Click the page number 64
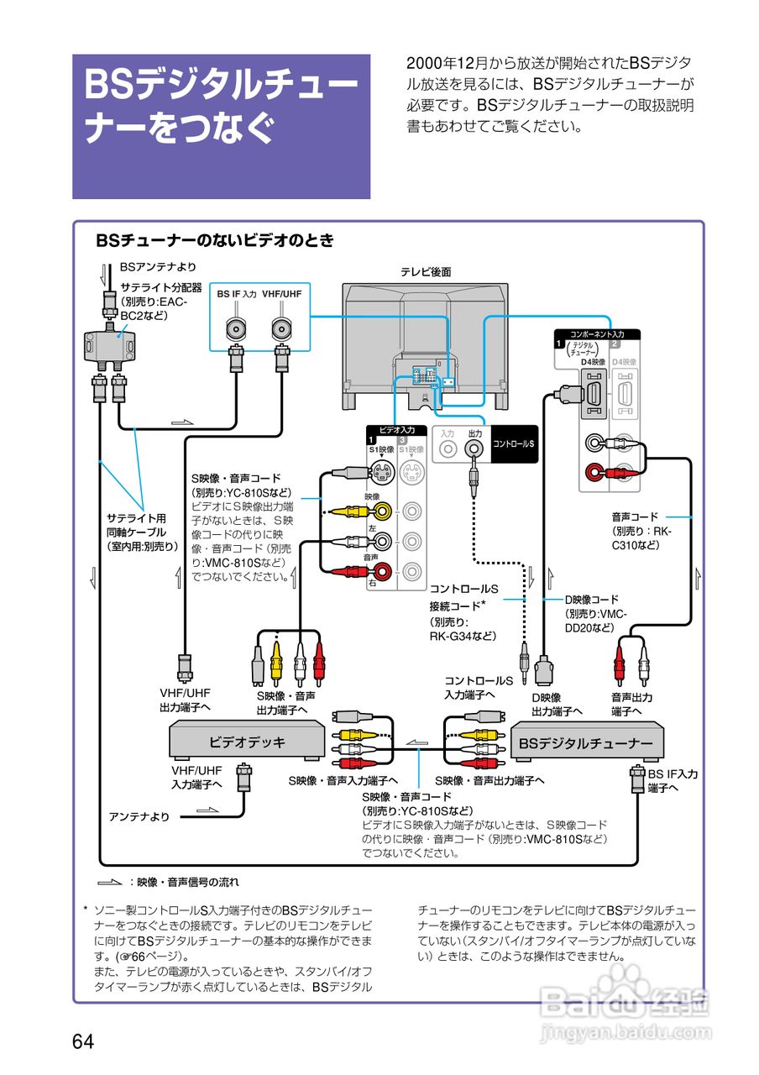tap(83, 1041)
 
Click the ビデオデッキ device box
tap(247, 742)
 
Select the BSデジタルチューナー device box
tap(586, 743)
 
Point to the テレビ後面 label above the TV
tap(426, 272)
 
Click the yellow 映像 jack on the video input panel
tap(383, 510)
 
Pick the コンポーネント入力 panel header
tap(597, 334)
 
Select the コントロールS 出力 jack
tap(475, 450)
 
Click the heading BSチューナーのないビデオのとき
tap(215, 241)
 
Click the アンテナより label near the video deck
tap(139, 815)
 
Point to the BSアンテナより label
tap(159, 267)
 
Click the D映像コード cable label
tap(591, 599)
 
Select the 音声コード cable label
tap(635, 517)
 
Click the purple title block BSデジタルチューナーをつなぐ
tap(222, 126)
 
